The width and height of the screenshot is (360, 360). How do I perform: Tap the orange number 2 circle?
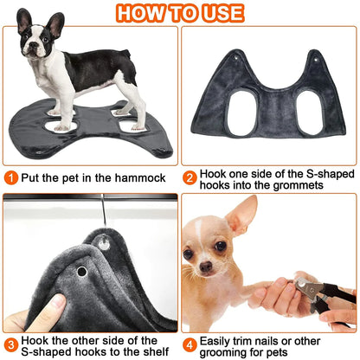(190, 177)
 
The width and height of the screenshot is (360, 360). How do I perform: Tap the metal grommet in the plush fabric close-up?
(81, 271)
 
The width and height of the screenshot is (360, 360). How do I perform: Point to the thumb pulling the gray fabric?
(54, 305)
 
